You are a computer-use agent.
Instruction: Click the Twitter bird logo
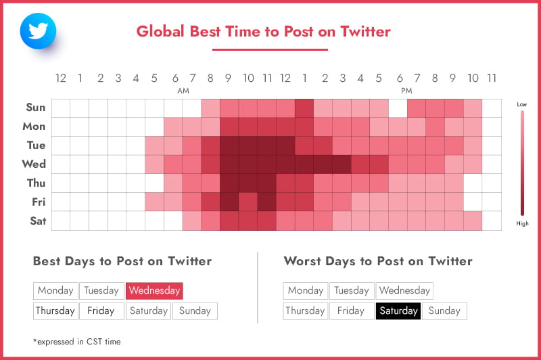click(x=39, y=31)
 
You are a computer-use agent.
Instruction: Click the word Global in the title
click(x=160, y=31)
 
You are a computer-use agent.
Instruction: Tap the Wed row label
click(x=34, y=164)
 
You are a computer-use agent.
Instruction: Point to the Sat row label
click(x=38, y=221)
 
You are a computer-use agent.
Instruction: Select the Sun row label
click(x=36, y=108)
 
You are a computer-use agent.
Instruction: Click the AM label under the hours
click(x=183, y=91)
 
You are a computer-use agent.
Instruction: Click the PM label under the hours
click(x=407, y=91)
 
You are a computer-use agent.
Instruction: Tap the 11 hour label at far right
click(x=492, y=78)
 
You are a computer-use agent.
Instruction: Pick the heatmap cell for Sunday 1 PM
click(x=304, y=108)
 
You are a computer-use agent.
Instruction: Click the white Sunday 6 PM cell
click(x=398, y=108)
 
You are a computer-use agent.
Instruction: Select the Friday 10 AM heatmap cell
click(x=248, y=202)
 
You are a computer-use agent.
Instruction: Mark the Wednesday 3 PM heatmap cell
click(x=342, y=164)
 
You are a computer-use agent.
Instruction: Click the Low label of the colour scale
click(x=521, y=104)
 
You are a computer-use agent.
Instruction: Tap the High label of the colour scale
click(x=522, y=223)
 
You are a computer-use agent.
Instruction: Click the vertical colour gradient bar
click(x=522, y=163)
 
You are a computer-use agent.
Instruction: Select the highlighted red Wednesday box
click(x=154, y=290)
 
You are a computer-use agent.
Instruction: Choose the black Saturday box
click(x=398, y=311)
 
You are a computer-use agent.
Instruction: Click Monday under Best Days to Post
click(x=55, y=290)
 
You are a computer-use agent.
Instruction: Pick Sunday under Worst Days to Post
click(x=444, y=311)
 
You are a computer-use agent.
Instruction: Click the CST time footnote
click(x=77, y=342)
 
